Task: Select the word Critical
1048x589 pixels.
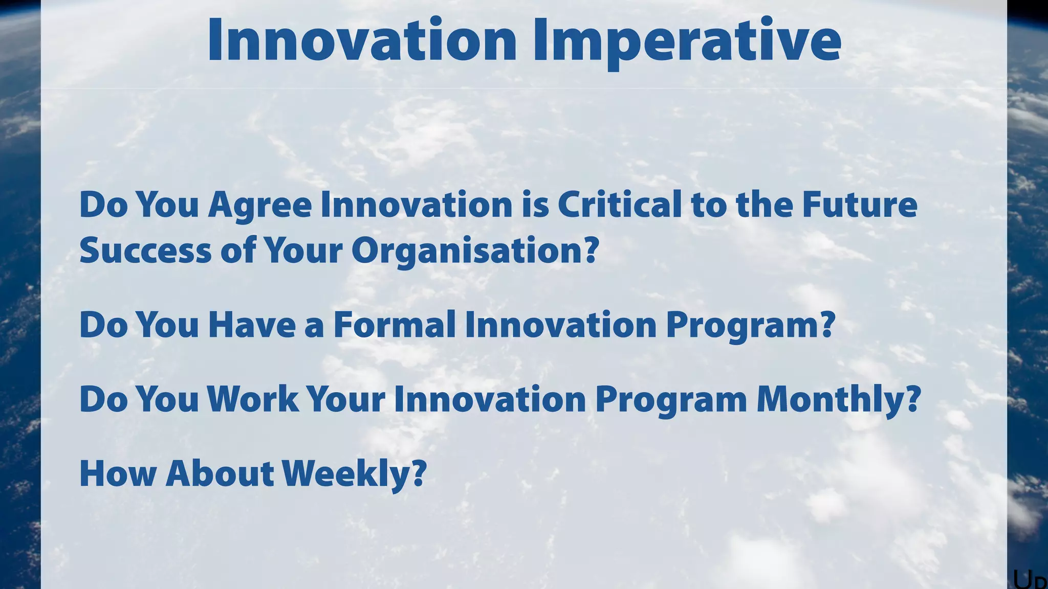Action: point(619,205)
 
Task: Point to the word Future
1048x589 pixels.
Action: point(860,205)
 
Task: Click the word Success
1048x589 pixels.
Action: point(145,251)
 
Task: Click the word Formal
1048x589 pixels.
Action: point(394,325)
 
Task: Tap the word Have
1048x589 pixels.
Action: point(252,325)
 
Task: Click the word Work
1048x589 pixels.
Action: point(253,399)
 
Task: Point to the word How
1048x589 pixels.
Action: point(118,473)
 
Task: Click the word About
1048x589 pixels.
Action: point(220,473)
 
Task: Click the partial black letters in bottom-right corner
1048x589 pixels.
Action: point(1030,580)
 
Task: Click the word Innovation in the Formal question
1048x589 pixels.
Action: point(561,325)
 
